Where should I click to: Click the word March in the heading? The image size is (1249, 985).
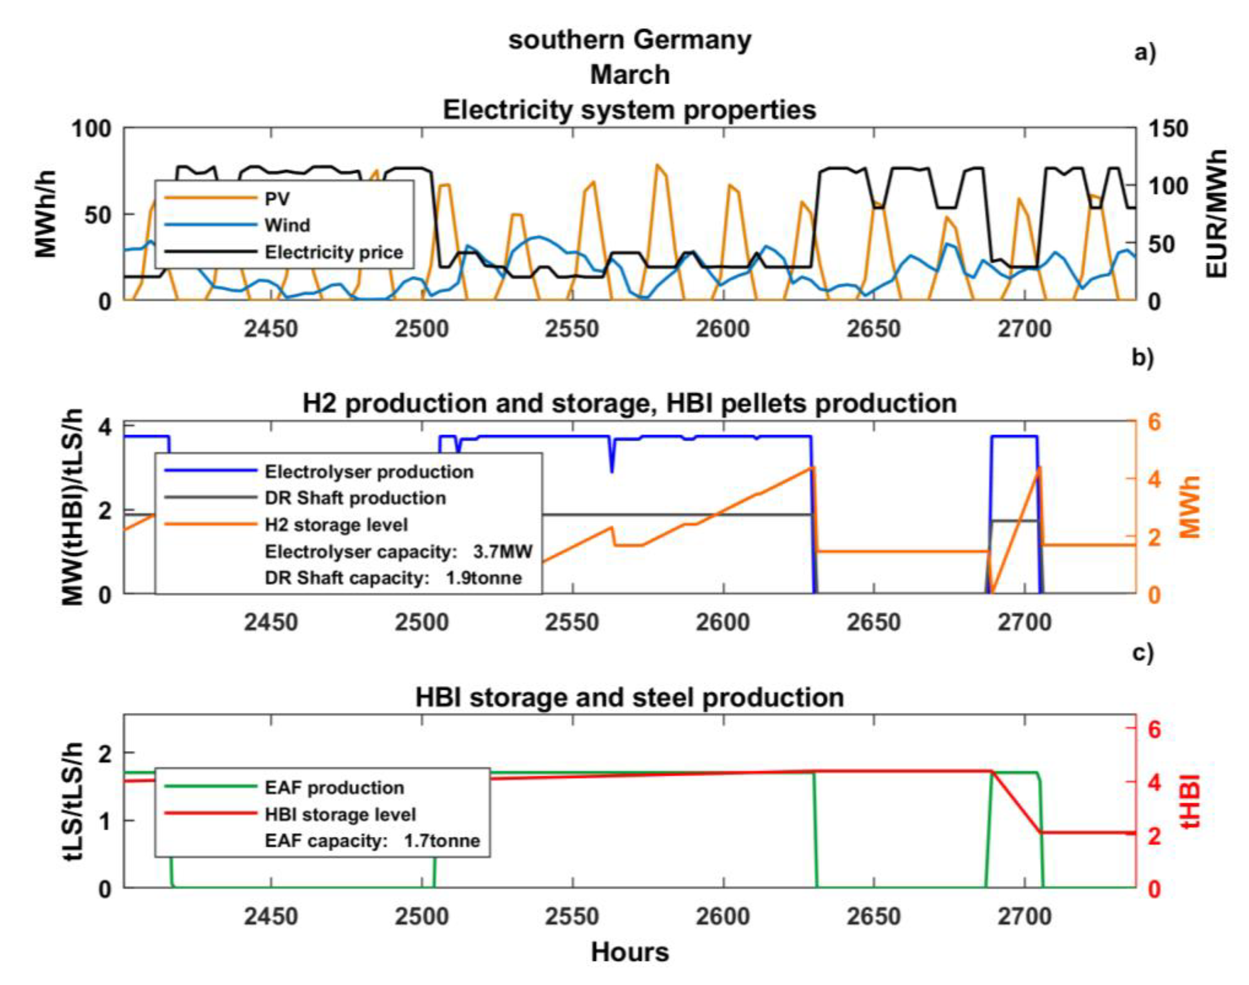[629, 75]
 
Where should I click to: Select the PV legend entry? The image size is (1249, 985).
[277, 199]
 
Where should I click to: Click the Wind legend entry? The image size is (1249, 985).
[287, 225]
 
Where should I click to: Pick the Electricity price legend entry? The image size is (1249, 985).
[334, 252]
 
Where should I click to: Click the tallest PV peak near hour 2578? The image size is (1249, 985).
[656, 165]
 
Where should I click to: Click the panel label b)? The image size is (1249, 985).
[1142, 357]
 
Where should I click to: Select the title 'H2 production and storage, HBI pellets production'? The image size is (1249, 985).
[629, 403]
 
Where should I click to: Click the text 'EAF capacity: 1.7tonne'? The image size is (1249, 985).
[372, 841]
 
